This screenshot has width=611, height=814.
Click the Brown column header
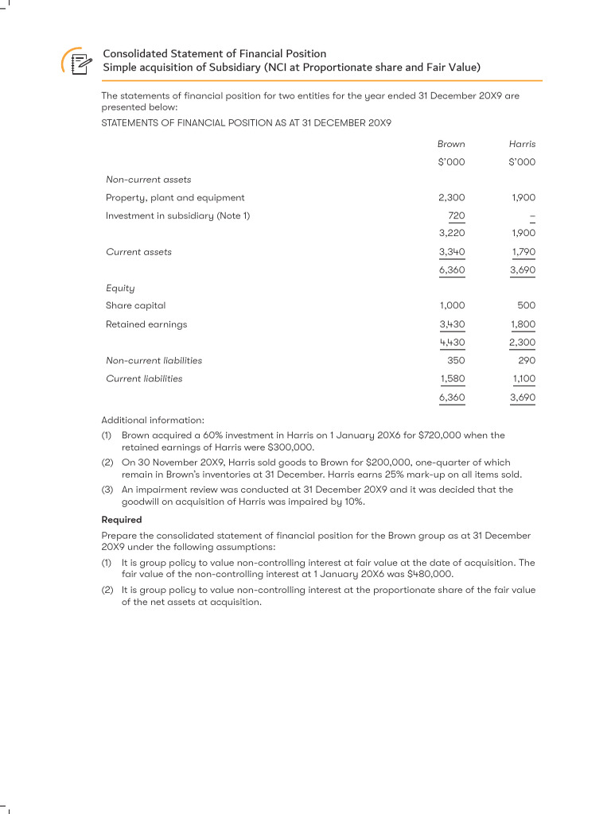[x=451, y=144]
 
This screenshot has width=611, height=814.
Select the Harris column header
[x=522, y=144]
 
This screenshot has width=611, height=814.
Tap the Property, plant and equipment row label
[x=175, y=197]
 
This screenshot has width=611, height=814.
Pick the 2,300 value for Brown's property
[x=452, y=197]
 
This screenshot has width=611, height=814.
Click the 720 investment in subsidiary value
[x=457, y=215]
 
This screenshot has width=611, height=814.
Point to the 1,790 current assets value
[x=522, y=252]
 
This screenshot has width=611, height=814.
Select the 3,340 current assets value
[x=452, y=252]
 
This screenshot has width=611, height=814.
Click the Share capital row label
[x=135, y=305]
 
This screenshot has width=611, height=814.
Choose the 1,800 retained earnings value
[x=522, y=324]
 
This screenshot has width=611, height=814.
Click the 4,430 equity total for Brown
[x=452, y=343]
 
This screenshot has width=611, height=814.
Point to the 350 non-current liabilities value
[x=456, y=360]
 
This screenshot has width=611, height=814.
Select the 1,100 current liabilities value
[x=523, y=378]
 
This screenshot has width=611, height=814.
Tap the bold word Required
[x=122, y=520]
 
